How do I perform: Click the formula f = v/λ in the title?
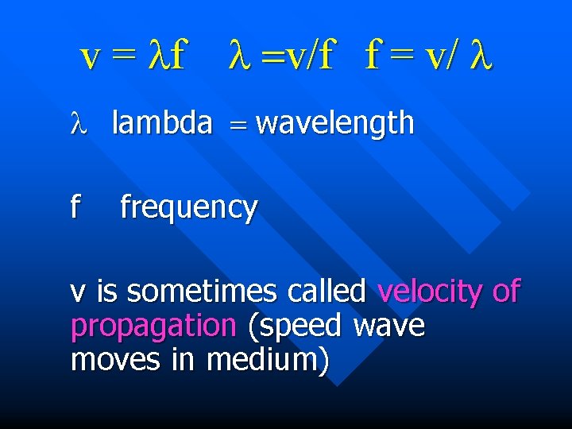(428, 56)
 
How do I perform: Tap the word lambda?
(162, 123)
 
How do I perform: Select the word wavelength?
(335, 123)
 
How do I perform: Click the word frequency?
(188, 207)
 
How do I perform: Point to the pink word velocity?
(430, 292)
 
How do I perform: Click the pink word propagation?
(153, 326)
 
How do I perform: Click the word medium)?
(268, 360)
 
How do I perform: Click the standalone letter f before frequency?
(75, 207)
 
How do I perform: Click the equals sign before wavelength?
(235, 125)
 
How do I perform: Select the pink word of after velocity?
(505, 292)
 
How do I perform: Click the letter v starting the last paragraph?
(78, 293)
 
